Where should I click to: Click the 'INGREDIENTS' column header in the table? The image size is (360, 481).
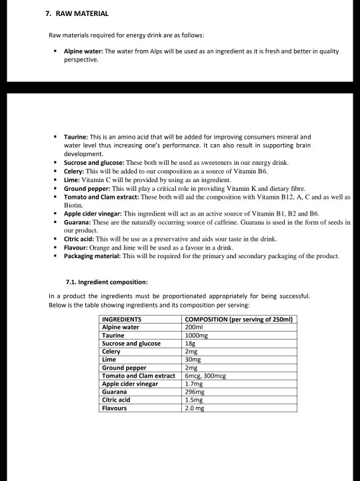[121, 320]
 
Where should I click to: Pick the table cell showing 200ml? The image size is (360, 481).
[193, 328]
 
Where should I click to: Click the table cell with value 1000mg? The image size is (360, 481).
[195, 336]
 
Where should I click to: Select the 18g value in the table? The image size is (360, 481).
[189, 344]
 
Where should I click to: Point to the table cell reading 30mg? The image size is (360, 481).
[191, 360]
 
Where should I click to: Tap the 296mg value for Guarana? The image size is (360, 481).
[193, 392]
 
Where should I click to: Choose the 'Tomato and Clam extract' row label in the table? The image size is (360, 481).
[137, 376]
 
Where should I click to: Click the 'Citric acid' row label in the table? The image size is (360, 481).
[115, 400]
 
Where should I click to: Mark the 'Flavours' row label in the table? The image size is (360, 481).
[114, 408]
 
